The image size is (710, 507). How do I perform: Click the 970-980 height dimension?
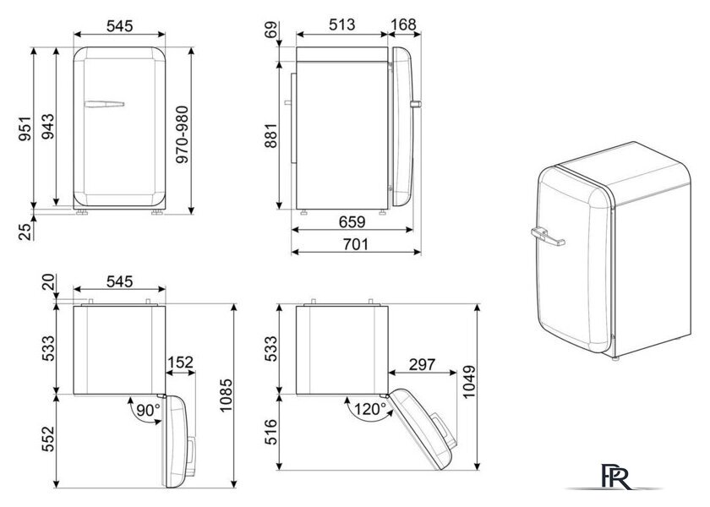pyautogui.click(x=182, y=134)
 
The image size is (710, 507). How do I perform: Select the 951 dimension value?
pyautogui.click(x=25, y=128)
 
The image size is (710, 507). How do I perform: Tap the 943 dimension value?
pyautogui.click(x=47, y=126)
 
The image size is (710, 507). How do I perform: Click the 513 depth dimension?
pyautogui.click(x=341, y=25)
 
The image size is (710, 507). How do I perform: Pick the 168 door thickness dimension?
pyautogui.click(x=403, y=25)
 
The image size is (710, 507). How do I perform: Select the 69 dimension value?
pyautogui.click(x=270, y=31)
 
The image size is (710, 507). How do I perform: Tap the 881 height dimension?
pyautogui.click(x=270, y=135)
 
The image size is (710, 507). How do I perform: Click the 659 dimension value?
pyautogui.click(x=352, y=221)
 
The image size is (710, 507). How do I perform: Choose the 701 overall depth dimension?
pyautogui.click(x=356, y=244)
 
